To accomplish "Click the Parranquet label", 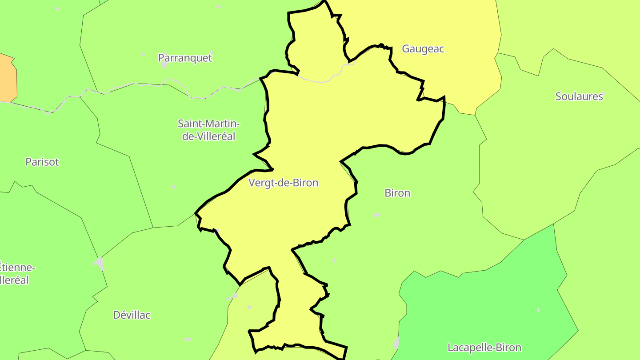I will pos(185,58).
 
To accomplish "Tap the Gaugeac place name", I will pos(423,49).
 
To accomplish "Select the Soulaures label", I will pos(579,96).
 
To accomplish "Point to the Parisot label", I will pos(42,162).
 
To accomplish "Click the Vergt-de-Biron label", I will pos(283,183).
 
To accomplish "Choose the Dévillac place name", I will pos(132,315).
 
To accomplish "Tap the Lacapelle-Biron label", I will pos(484,347).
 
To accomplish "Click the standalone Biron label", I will pos(397,193).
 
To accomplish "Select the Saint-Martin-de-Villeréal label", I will pos(208,130).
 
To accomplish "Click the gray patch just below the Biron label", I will pos(376,216).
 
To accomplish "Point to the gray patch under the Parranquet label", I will pos(165,65).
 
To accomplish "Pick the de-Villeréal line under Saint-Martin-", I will pos(208,136).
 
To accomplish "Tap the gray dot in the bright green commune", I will pos(538,310).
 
